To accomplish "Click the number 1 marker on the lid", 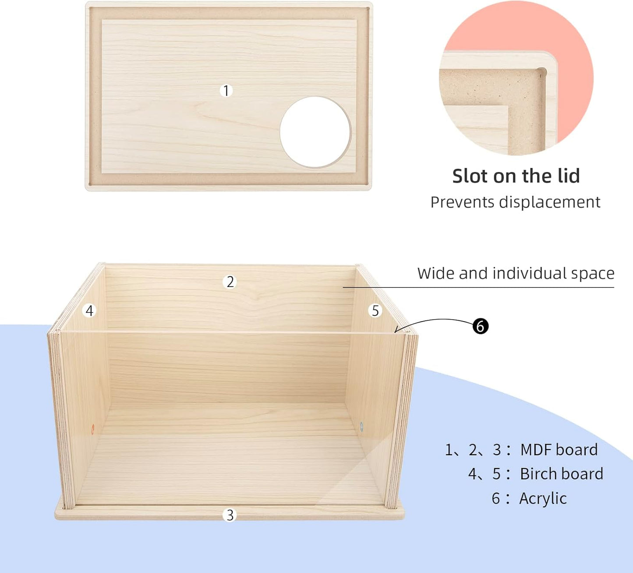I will pyautogui.click(x=226, y=91).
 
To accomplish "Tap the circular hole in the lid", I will pyautogui.click(x=315, y=132).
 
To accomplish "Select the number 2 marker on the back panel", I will pyautogui.click(x=230, y=282).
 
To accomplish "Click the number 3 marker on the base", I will pyautogui.click(x=230, y=515).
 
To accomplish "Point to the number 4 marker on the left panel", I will pyautogui.click(x=90, y=311).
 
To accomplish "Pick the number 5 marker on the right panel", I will pyautogui.click(x=375, y=311).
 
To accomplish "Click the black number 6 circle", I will pyautogui.click(x=481, y=326).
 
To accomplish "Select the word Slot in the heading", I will pyautogui.click(x=470, y=176).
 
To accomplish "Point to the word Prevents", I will pyautogui.click(x=462, y=202).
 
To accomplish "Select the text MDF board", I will pyautogui.click(x=559, y=450).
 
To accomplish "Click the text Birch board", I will pyautogui.click(x=562, y=474).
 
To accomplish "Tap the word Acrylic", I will pyautogui.click(x=543, y=499).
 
